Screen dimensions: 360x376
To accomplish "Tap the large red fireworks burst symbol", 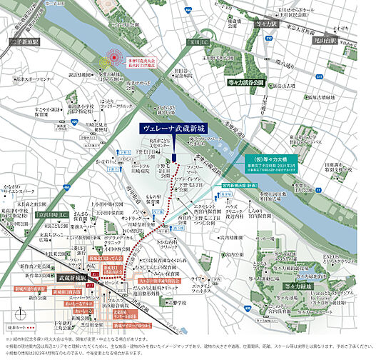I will [116, 58].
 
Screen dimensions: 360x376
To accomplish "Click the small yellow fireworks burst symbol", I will [103, 62].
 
